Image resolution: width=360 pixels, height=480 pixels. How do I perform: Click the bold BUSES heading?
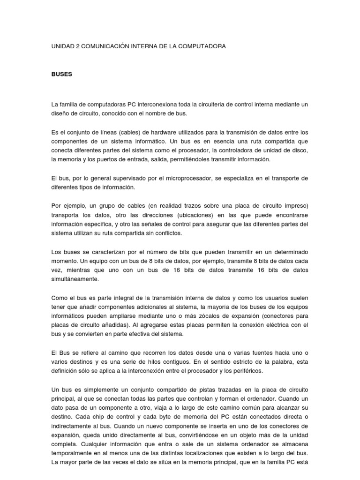61,74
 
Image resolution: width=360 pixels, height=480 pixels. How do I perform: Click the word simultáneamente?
75,279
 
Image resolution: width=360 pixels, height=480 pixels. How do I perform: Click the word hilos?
167,361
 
